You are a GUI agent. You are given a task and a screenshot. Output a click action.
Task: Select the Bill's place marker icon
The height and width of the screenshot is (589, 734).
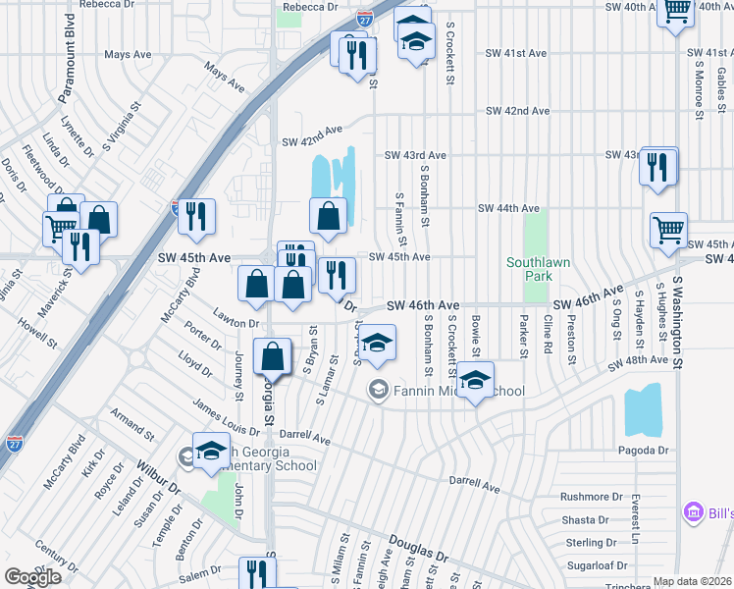point(693,512)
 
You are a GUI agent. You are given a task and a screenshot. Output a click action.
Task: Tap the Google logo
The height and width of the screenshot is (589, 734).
point(32,577)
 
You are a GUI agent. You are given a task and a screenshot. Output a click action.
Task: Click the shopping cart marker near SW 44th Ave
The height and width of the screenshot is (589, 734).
point(668,231)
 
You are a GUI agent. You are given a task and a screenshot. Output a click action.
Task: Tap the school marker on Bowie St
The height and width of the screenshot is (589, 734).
point(475,379)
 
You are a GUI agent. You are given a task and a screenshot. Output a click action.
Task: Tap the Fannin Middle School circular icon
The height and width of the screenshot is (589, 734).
point(378,391)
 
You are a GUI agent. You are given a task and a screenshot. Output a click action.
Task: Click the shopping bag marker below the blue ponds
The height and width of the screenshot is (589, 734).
point(328,216)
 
